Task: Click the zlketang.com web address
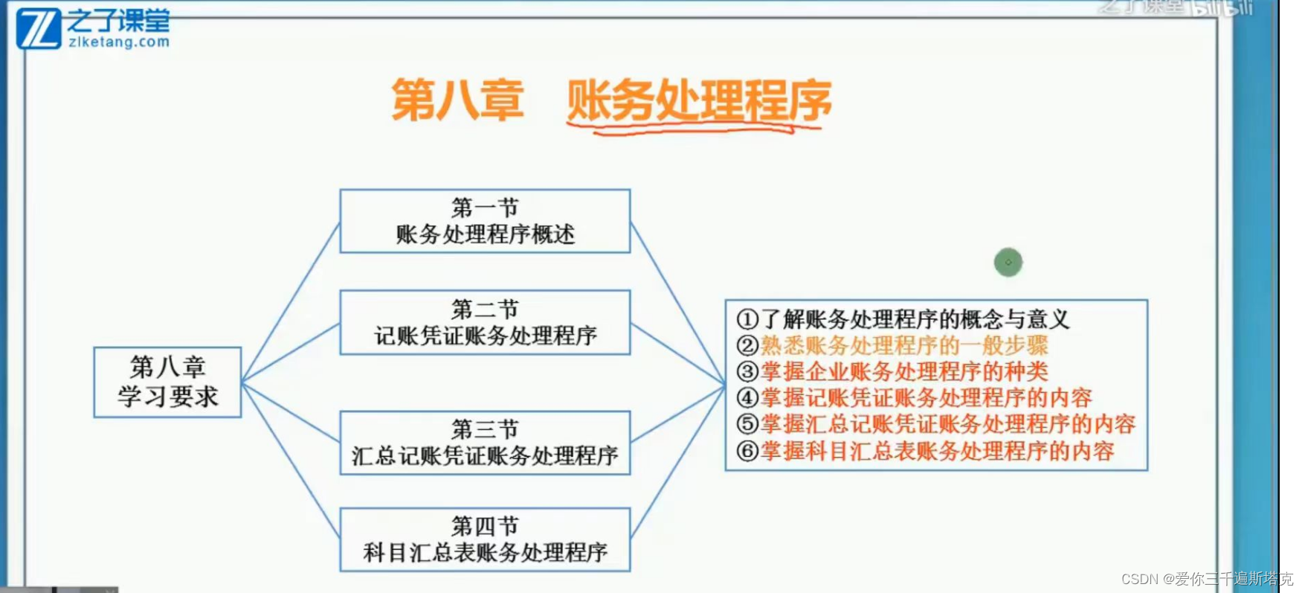(119, 42)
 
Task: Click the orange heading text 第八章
(457, 100)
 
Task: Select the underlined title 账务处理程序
(699, 102)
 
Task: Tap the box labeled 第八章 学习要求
(167, 382)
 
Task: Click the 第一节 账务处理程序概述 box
(485, 221)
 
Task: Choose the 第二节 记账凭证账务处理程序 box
(485, 322)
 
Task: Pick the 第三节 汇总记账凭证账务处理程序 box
(485, 443)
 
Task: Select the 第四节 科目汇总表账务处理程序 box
(485, 539)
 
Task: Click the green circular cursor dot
(1008, 262)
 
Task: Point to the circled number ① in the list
(747, 320)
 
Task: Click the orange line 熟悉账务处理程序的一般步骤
(904, 345)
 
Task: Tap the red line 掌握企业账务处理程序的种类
(904, 371)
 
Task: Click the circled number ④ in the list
(747, 398)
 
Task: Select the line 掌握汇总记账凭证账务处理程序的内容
(948, 424)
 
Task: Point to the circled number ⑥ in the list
(747, 451)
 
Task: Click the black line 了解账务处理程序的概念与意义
(915, 320)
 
